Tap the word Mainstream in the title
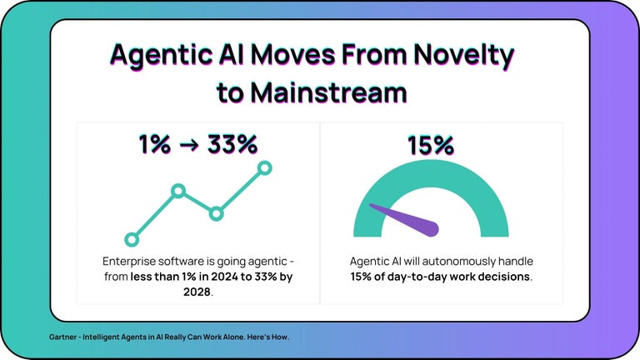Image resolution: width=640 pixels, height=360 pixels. pos(336,92)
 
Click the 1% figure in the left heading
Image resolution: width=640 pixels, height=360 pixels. pos(154,144)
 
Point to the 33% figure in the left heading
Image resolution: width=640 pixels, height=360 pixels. pos(230,144)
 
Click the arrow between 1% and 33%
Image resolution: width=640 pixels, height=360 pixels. pos(189,145)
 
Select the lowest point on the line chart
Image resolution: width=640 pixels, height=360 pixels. pos(130,238)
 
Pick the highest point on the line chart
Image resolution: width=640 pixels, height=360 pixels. pos(265,168)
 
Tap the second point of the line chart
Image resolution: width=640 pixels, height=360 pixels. pos(177,191)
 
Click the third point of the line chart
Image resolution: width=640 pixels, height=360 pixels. pos(217,213)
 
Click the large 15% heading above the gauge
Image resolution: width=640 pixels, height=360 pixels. pos(430,145)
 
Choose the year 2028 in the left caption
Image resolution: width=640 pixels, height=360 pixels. pos(197,292)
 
